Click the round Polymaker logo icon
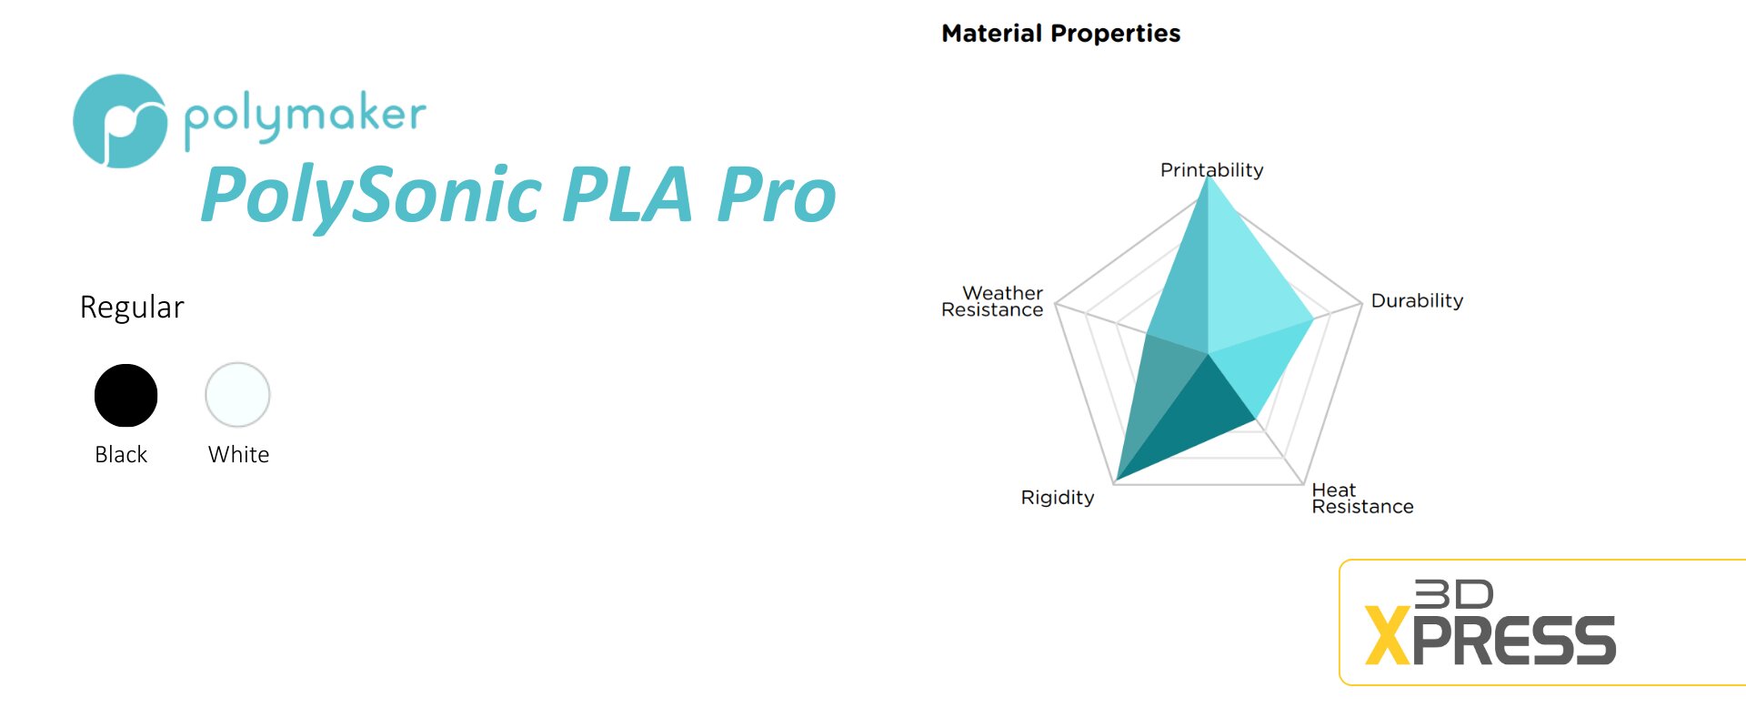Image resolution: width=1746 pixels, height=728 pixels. pyautogui.click(x=120, y=121)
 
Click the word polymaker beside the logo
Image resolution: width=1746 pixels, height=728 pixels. pyautogui.click(x=305, y=119)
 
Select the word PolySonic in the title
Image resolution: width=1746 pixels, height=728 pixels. pyautogui.click(x=371, y=197)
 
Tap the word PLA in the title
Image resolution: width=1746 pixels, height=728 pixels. pyautogui.click(x=627, y=195)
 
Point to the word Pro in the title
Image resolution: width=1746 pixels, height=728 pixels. pyautogui.click(x=777, y=196)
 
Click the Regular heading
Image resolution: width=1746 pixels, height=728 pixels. pyautogui.click(x=132, y=308)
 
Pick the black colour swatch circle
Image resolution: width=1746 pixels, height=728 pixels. pyautogui.click(x=126, y=395)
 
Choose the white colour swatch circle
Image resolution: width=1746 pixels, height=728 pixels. pyautogui.click(x=237, y=395)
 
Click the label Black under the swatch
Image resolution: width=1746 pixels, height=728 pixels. pyautogui.click(x=121, y=454)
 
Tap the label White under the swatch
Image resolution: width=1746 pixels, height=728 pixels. pyautogui.click(x=238, y=454)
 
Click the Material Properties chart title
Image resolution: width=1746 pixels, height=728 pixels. pyautogui.click(x=1061, y=34)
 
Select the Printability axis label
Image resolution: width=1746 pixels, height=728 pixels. pyautogui.click(x=1212, y=170)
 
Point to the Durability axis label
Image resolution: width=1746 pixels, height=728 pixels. pyautogui.click(x=1417, y=301)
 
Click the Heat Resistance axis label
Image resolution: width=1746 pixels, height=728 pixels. pyautogui.click(x=1362, y=499)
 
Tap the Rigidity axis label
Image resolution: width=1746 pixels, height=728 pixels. pyautogui.click(x=1058, y=498)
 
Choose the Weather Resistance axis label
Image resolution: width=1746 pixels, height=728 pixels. pyautogui.click(x=992, y=301)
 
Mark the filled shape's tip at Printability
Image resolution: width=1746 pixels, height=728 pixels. pyautogui.click(x=1209, y=177)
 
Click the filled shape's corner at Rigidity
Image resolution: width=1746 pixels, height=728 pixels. pyautogui.click(x=1117, y=480)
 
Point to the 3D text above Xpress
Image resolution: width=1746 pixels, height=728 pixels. pyautogui.click(x=1453, y=594)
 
